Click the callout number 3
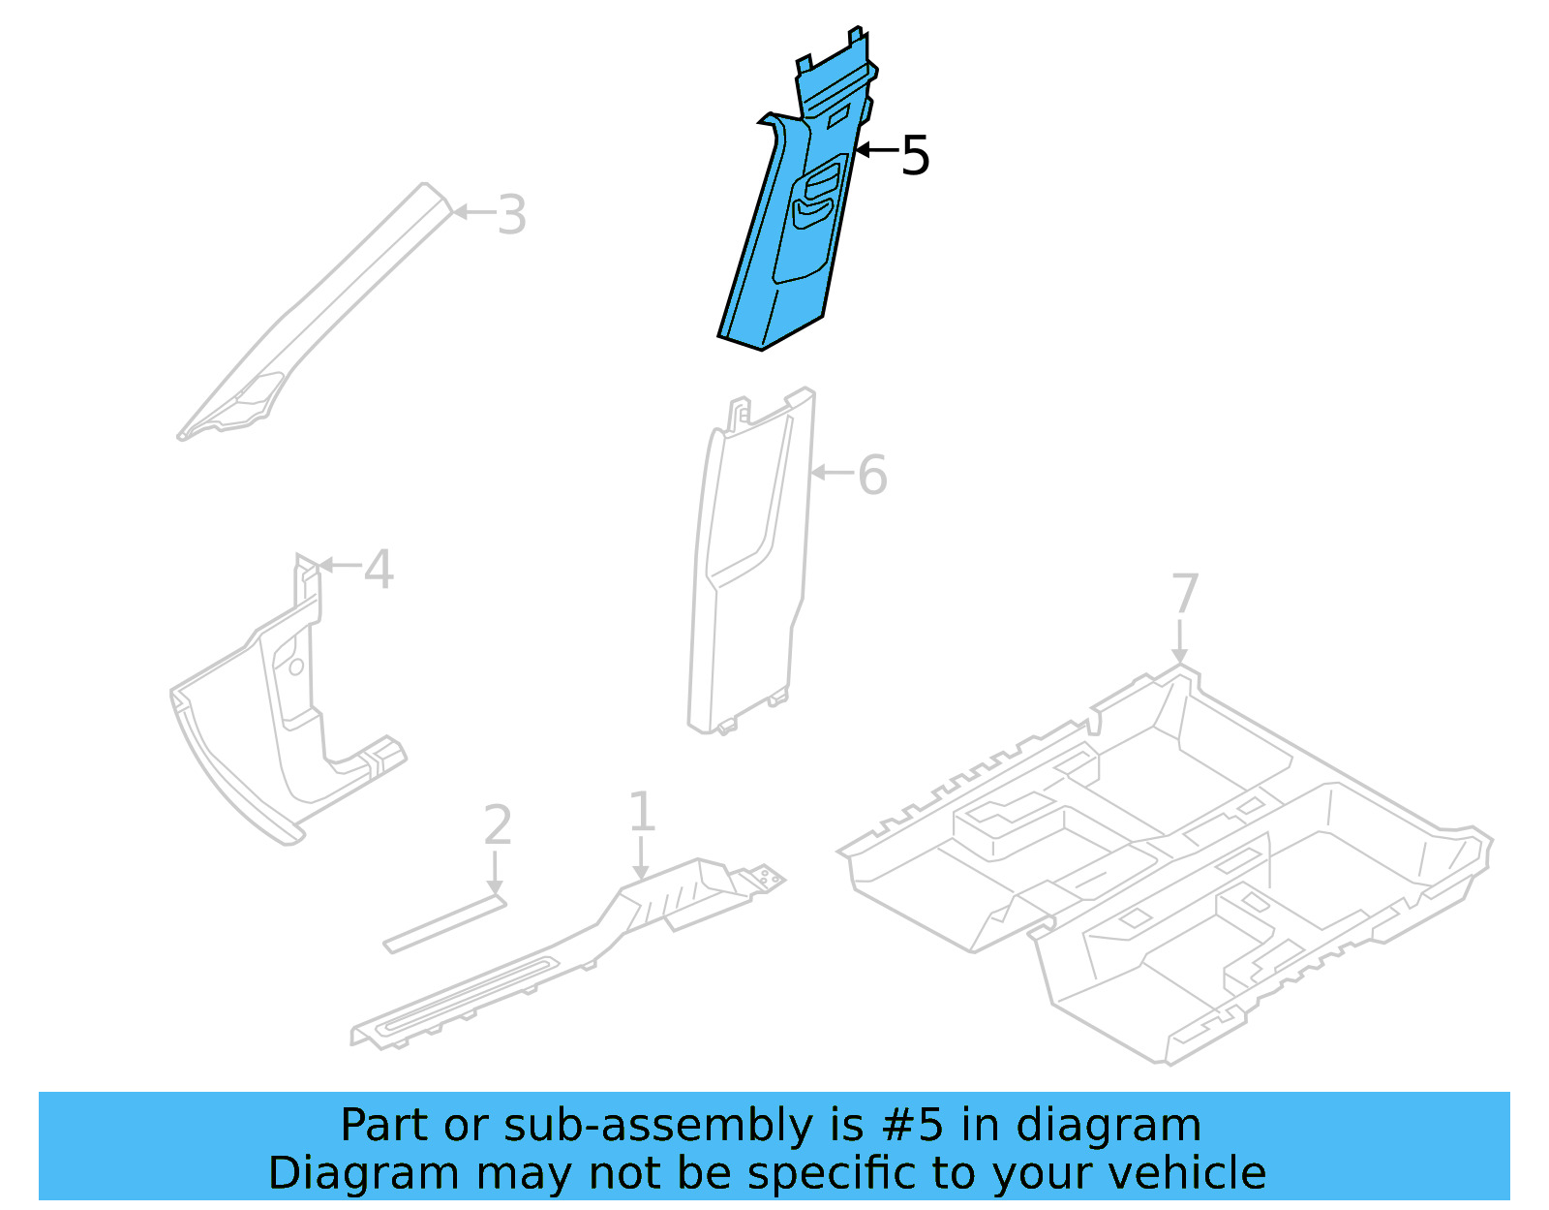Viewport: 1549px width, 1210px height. tap(511, 215)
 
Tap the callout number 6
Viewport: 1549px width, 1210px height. tap(871, 475)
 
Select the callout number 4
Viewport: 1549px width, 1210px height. tap(379, 569)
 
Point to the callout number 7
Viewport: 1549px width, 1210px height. tap(1185, 593)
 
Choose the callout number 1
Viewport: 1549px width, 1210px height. tap(642, 811)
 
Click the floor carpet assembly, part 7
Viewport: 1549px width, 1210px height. tap(1162, 872)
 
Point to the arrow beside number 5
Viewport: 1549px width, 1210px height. tap(876, 150)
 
